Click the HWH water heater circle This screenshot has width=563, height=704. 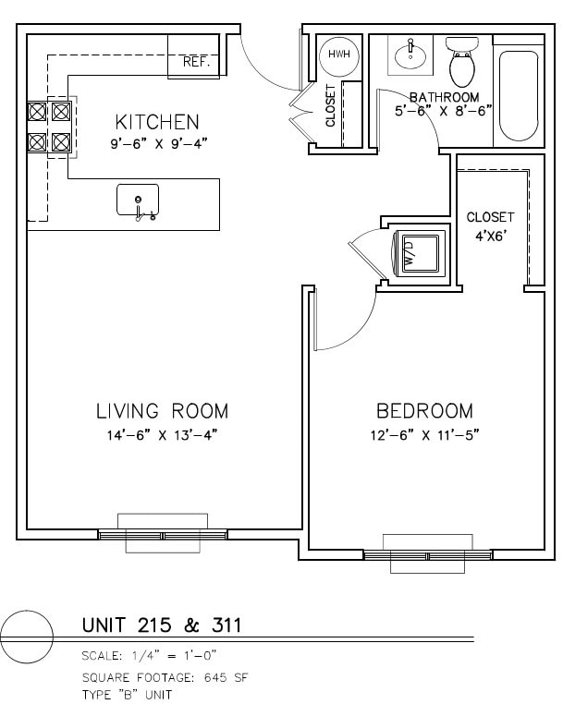339,55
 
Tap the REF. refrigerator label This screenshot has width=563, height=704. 196,62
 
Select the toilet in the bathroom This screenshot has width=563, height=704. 462,62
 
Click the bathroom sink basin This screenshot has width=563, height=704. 410,55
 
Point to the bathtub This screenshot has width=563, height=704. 518,96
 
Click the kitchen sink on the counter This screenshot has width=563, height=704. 138,200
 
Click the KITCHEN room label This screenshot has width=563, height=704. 157,122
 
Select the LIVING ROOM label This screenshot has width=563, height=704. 162,411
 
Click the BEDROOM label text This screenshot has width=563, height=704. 424,411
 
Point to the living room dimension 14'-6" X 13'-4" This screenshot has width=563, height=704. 162,435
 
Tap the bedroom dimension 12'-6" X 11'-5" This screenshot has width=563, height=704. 425,435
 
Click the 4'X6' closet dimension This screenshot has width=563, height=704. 490,236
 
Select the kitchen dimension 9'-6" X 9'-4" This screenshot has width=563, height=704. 158,144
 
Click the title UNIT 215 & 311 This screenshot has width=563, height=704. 162,625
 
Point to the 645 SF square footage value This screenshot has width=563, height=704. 226,677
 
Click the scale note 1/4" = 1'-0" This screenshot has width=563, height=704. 175,656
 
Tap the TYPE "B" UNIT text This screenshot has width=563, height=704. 128,695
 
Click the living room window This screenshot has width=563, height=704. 163,535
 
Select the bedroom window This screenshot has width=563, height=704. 428,555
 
